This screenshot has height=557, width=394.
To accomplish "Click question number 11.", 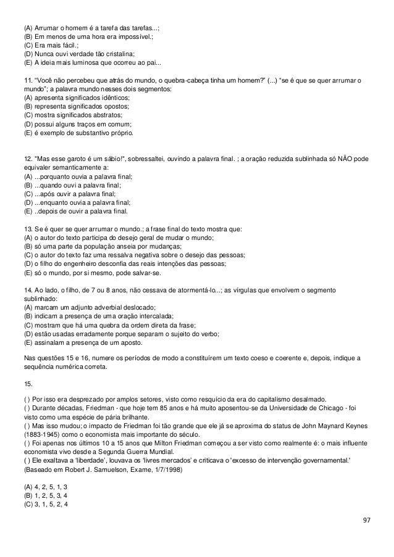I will pyautogui.click(x=27, y=80).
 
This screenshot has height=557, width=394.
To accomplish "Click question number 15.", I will pyautogui.click(x=27, y=383).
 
